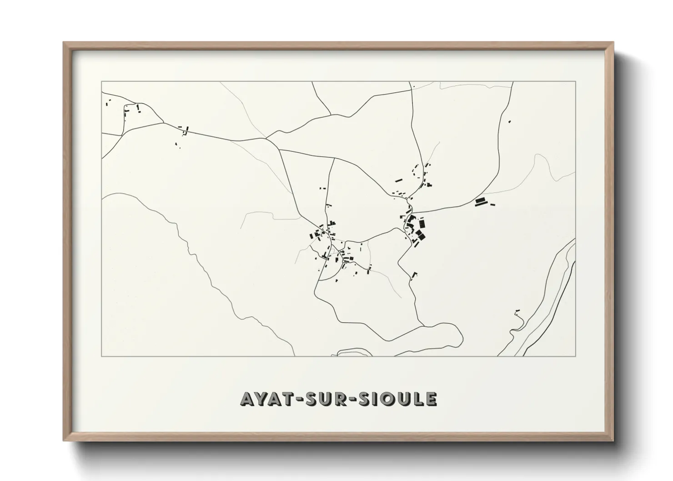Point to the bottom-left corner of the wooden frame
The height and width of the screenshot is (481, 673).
coord(64,441)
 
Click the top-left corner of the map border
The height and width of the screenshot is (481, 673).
coord(101,82)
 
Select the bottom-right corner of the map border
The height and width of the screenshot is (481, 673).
coord(576,356)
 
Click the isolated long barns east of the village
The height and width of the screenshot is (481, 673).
coord(481,201)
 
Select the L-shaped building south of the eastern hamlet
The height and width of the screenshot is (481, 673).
coord(413,275)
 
